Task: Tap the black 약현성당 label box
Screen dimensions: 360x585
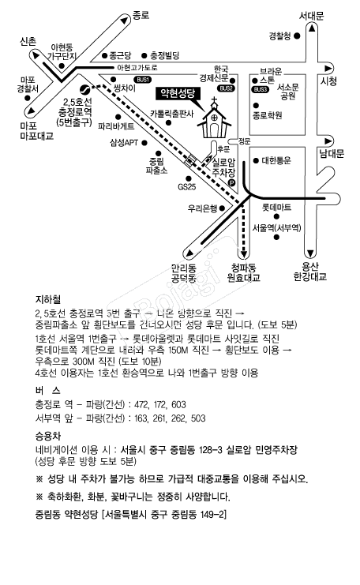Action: tap(178, 93)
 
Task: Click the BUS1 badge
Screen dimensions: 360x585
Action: tap(143, 80)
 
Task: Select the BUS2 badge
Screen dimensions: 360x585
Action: tap(226, 88)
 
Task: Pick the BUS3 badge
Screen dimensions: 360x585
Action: tap(261, 89)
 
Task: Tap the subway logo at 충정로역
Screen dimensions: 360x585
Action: tap(84, 89)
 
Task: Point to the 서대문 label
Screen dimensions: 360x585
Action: tap(312, 16)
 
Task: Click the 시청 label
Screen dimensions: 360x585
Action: tap(328, 81)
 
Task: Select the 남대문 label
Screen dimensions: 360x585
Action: tap(332, 153)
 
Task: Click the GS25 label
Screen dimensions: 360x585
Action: tap(187, 186)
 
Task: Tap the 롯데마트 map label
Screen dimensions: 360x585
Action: tap(276, 207)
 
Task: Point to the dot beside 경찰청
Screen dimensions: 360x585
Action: tap(297, 36)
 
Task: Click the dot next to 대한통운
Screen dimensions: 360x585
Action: tap(256, 161)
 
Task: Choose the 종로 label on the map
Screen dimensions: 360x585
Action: tap(141, 15)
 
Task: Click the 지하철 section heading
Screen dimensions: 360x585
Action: tap(47, 299)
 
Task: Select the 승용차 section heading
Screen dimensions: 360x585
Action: tap(47, 436)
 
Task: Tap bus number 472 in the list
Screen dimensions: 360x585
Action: tap(141, 404)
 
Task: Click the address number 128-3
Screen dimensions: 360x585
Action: tap(211, 449)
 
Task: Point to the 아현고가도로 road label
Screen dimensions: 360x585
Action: tap(137, 68)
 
